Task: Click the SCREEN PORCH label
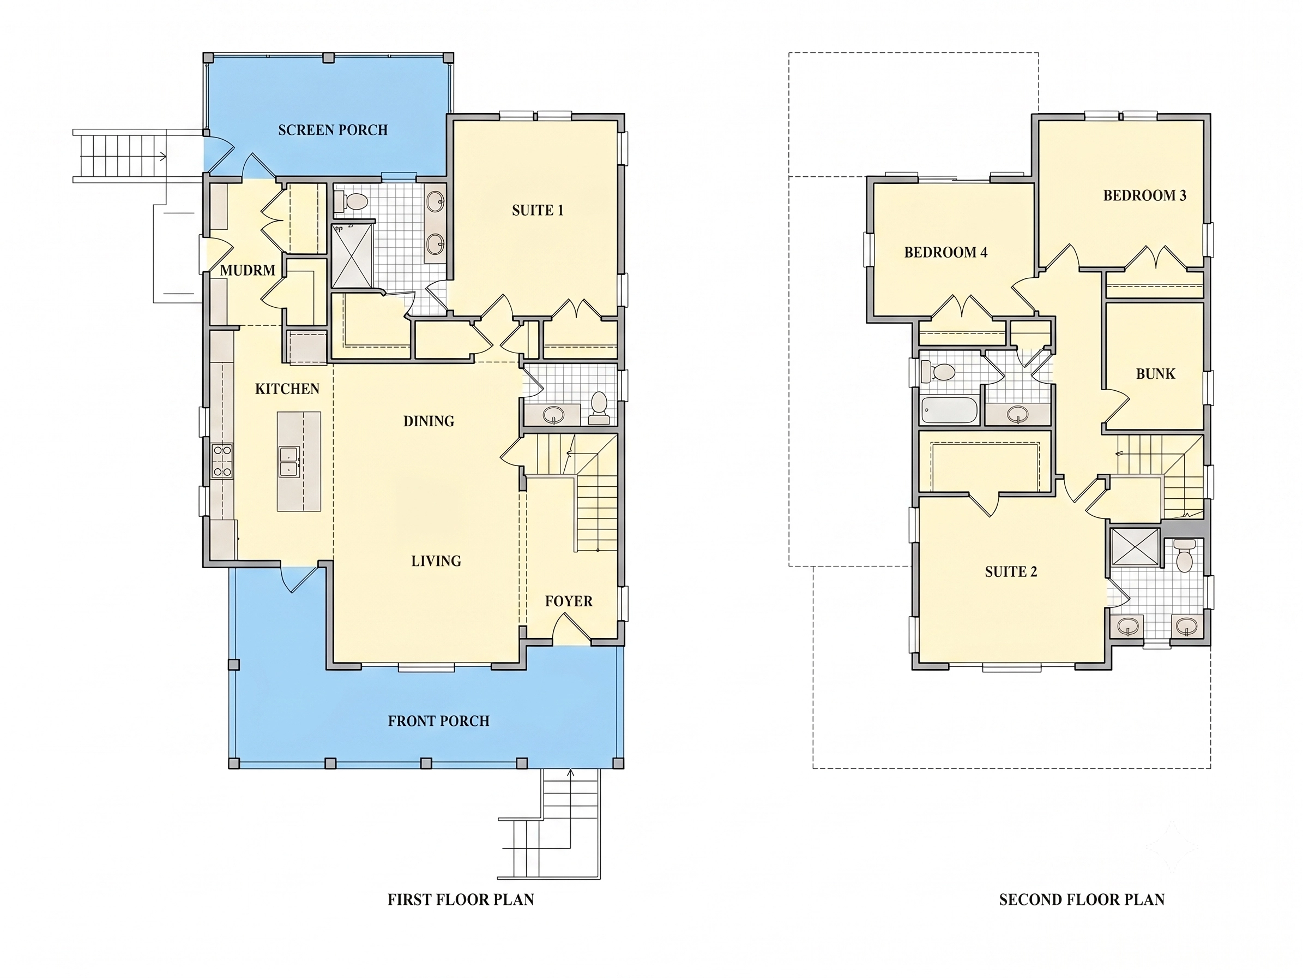[x=333, y=130]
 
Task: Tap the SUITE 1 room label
[x=538, y=210]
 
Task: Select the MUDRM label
[x=248, y=271]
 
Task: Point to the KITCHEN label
[x=287, y=389]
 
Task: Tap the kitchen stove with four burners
[x=222, y=461]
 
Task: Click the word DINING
[x=429, y=421]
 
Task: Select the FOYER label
[x=569, y=601]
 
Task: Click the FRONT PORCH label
[x=439, y=721]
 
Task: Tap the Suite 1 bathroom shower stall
[x=352, y=255]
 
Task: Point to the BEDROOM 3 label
[x=1144, y=196]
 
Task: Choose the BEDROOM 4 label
[x=946, y=252]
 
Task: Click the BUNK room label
[x=1156, y=374]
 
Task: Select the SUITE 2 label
[x=1011, y=571]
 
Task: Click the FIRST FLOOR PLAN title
[x=461, y=899]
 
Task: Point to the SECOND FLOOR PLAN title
[x=1082, y=899]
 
